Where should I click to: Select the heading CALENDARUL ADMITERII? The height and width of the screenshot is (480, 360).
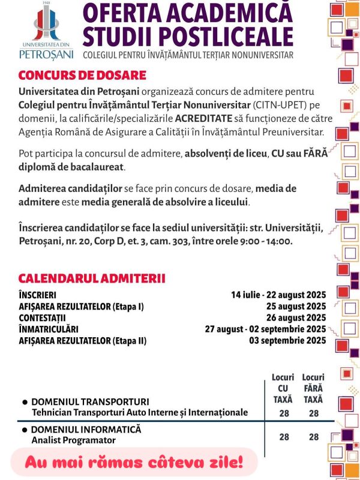point(92,278)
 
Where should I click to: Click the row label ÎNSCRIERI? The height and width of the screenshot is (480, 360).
point(37,295)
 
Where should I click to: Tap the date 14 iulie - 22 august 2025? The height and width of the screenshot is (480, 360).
point(278,295)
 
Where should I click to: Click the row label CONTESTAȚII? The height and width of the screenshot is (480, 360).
point(41,318)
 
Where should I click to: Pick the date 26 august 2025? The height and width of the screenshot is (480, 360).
point(291,318)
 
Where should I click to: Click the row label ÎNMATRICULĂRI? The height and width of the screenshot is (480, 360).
point(49,329)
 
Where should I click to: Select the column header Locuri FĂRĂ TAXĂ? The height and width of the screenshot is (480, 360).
point(313,388)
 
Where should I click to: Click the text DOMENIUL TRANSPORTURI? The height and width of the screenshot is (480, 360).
point(90,401)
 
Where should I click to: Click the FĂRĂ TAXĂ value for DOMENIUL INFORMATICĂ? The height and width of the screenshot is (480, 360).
point(313,437)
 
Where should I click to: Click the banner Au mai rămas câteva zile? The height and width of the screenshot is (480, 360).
point(134,463)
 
